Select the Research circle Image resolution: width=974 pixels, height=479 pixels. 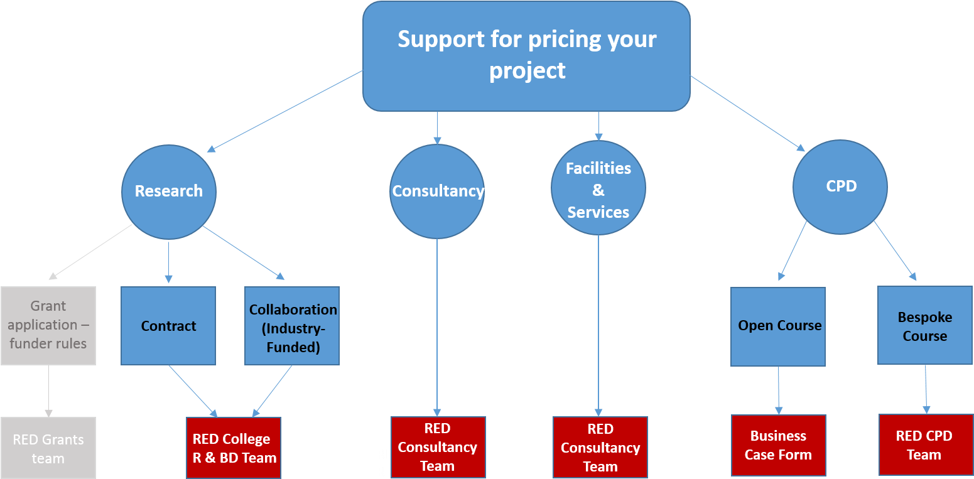tap(168, 191)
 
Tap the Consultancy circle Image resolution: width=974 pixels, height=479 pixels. tap(437, 191)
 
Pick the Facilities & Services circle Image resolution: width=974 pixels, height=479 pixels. tap(598, 188)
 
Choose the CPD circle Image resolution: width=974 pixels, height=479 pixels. tap(840, 187)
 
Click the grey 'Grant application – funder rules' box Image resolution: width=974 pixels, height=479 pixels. tap(48, 325)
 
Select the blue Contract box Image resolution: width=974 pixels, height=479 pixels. tap(168, 326)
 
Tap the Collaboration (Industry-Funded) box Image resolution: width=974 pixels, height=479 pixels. tap(292, 326)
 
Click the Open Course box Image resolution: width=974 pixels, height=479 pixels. tap(778, 326)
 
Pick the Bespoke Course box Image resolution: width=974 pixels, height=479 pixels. tap(924, 326)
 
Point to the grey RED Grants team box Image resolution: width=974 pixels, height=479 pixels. tap(48, 448)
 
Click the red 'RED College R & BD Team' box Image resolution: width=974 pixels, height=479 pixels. tap(234, 448)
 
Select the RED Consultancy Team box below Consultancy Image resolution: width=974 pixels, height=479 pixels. tap(438, 447)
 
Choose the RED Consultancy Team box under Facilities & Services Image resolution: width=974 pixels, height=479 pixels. tap(600, 448)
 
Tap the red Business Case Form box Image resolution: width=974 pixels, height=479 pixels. tap(778, 445)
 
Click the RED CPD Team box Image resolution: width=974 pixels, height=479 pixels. tap(924, 444)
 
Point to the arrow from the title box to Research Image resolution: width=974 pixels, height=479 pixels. tap(286, 110)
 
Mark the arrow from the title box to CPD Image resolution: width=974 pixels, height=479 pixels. tap(747, 113)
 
